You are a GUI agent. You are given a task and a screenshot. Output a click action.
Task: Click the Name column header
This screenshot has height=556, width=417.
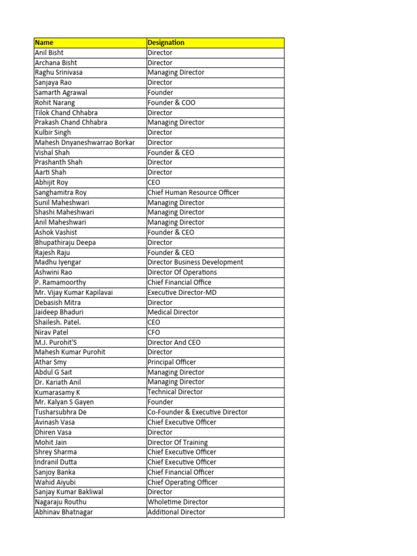44,42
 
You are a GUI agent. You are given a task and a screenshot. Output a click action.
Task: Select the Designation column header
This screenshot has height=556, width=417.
166,42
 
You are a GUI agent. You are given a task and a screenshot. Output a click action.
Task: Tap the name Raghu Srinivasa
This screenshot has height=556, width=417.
59,72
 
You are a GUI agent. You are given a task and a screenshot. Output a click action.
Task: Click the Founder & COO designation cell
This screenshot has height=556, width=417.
172,103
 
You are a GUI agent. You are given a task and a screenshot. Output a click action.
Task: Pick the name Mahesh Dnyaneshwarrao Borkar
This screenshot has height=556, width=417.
84,142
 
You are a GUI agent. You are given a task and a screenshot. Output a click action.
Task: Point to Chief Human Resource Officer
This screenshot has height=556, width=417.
193,192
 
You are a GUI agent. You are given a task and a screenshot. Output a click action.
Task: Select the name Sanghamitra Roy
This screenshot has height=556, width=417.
60,192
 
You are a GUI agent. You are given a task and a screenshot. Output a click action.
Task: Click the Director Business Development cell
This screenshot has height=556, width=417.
195,262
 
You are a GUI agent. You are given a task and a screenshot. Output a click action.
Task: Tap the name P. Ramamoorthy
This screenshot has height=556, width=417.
60,282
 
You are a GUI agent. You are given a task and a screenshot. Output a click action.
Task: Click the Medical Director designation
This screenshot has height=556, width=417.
173,312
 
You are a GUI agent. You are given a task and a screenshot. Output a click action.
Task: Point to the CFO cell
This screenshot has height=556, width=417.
154,332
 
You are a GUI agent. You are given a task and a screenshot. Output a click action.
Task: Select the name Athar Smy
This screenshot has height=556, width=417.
50,362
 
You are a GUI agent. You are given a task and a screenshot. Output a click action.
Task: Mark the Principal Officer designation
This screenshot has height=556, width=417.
172,362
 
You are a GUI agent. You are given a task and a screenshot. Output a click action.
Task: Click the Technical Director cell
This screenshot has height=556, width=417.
175,392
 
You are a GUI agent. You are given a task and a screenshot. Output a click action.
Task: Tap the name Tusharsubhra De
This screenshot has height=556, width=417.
60,412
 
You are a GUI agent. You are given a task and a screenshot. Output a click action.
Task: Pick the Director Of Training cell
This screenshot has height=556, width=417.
178,442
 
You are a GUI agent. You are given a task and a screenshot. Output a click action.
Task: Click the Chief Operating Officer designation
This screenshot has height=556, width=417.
182,482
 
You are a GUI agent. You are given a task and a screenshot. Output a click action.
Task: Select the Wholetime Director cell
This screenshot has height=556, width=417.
178,502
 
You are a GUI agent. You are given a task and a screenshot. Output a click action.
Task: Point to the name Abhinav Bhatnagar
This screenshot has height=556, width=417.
64,512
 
